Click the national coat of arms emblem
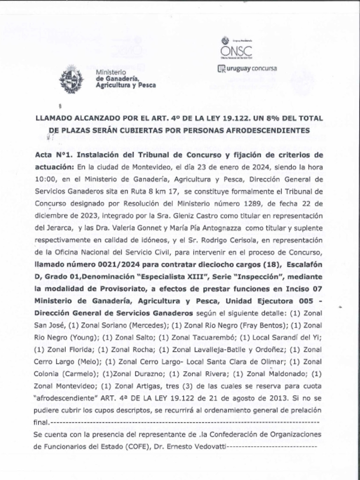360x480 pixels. [x=71, y=79]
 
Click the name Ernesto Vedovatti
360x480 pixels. [x=200, y=447]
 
